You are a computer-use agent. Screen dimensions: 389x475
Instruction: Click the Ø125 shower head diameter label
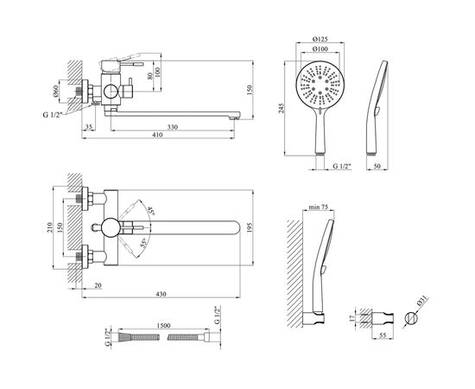click(321, 39)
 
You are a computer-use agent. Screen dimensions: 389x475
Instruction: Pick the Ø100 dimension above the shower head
click(321, 48)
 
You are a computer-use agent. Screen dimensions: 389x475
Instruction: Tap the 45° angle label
click(149, 210)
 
